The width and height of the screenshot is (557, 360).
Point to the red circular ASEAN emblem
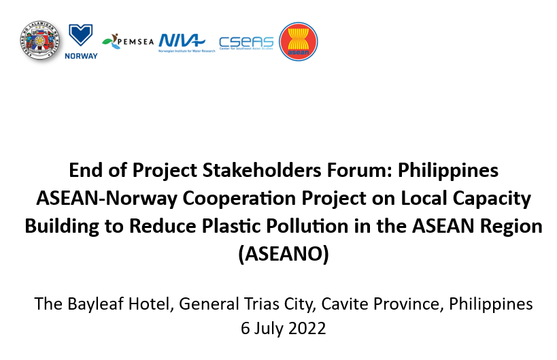(298, 42)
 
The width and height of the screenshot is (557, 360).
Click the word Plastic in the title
(275, 226)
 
